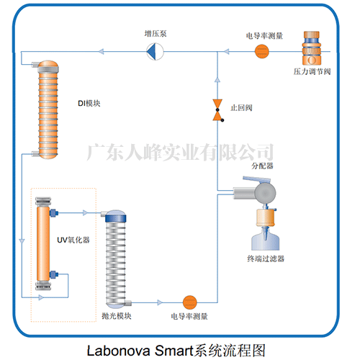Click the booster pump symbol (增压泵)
coord(155,51)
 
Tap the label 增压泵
coord(156,34)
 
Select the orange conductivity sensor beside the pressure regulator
coord(261,51)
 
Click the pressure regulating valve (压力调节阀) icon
coord(312,48)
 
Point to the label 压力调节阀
coord(312,71)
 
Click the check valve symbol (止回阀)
coord(218,110)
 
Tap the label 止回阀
coord(241,108)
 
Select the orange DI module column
coord(48,109)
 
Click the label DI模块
coord(89,104)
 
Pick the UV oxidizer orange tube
coord(43,243)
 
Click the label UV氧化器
coord(73,240)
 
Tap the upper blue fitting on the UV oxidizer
coord(54,212)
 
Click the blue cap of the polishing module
coord(116,218)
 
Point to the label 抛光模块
coord(117,316)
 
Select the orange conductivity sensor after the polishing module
coord(189,302)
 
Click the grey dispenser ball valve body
coord(265,192)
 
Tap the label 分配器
coord(262,166)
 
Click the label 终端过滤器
coord(266,258)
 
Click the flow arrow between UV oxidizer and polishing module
coord(86,212)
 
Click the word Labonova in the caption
coord(118,351)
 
